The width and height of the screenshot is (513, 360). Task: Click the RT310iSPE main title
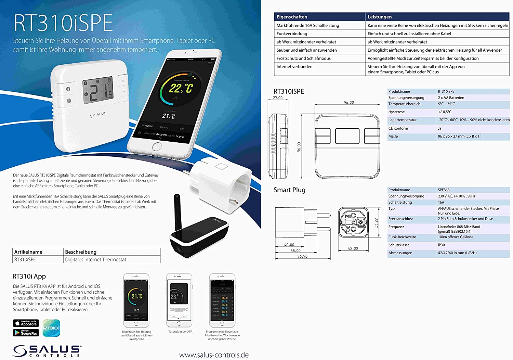[x=63, y=23]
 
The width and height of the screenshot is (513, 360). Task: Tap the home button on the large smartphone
[x=157, y=147]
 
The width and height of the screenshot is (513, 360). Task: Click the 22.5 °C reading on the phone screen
[x=181, y=88]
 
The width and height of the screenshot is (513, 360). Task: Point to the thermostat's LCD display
[x=98, y=90]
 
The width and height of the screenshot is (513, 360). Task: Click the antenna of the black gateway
[x=177, y=212]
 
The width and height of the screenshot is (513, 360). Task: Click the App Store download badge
[x=26, y=323]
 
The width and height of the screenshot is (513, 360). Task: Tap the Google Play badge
[x=26, y=333]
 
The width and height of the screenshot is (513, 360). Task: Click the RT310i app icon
[x=51, y=328]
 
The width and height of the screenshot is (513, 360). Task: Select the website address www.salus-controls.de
[x=214, y=355]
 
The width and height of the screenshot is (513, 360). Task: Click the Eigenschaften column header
[x=292, y=17]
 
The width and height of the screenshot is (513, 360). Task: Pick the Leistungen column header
[x=380, y=17]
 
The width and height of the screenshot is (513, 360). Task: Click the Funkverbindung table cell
[x=292, y=34]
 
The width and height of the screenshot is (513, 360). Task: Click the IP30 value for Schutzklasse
[x=441, y=245]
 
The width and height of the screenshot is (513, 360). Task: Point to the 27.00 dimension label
[x=278, y=98]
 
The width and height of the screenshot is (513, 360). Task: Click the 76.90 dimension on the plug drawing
[x=302, y=256]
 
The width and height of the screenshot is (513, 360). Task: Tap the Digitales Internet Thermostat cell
[x=96, y=259]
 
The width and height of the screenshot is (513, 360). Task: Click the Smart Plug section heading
[x=289, y=190]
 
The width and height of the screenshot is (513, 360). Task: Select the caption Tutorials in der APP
[x=180, y=332]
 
